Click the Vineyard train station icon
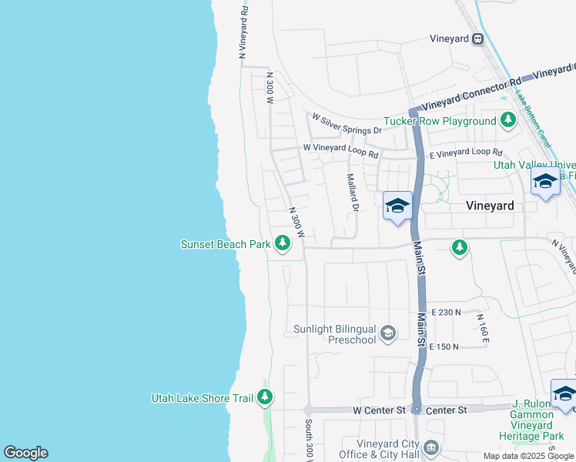[x=477, y=39]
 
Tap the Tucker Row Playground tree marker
[x=507, y=120]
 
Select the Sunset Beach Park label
[x=225, y=244]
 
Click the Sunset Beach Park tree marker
[x=283, y=244]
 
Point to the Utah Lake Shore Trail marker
[x=265, y=397]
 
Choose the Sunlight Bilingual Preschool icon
[x=389, y=333]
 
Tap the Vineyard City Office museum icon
[x=431, y=448]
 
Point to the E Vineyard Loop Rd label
[x=466, y=154]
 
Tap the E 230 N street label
[x=446, y=313]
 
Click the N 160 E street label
[x=482, y=329]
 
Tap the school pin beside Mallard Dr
[x=397, y=206]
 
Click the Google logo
[x=25, y=453]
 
